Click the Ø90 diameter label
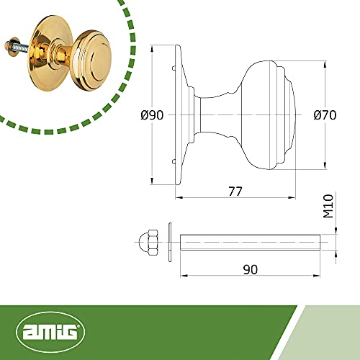(x=152, y=115)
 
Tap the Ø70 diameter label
(x=325, y=115)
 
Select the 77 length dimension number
(x=235, y=192)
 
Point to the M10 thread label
(x=328, y=206)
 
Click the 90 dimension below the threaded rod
(x=251, y=269)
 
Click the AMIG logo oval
(x=50, y=332)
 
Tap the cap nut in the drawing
(x=148, y=242)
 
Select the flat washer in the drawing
(x=170, y=242)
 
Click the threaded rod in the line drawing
(x=250, y=242)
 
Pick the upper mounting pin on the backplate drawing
(x=174, y=68)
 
